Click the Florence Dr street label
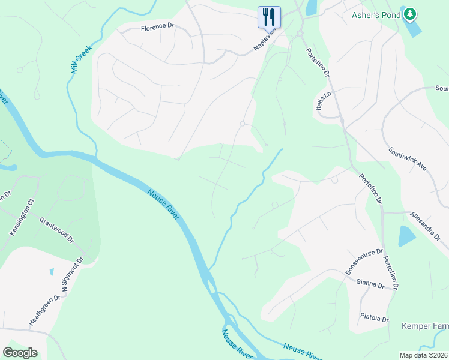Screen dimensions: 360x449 click(157, 28)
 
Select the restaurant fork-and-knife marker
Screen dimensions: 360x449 click(269, 16)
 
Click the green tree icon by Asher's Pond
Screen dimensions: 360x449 click(409, 13)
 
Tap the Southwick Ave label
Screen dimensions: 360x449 click(407, 160)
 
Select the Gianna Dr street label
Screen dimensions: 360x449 click(370, 282)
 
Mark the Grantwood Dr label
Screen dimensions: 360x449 click(56, 230)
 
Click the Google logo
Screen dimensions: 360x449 click(20, 353)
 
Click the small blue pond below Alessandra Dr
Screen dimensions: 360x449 click(406, 236)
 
